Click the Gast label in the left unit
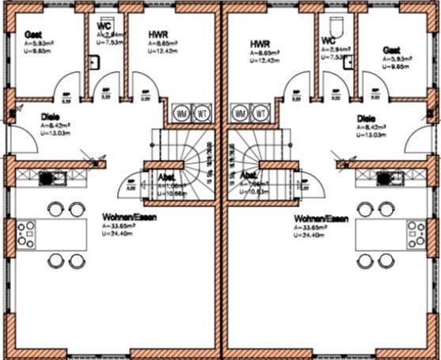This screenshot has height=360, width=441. (33, 35)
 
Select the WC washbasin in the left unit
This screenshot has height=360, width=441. (93, 64)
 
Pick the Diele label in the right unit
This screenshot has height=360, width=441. (367, 119)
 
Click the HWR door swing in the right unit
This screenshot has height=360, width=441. (298, 85)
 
